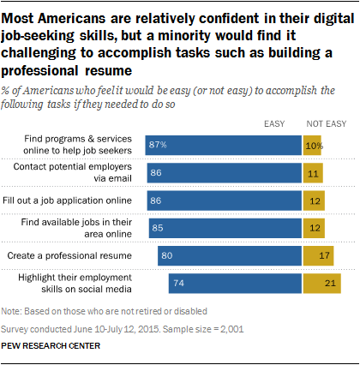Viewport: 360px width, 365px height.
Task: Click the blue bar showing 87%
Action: pyautogui.click(x=223, y=146)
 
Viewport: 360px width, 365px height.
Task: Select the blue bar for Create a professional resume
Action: pyautogui.click(x=229, y=255)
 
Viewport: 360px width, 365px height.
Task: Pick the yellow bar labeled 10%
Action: pyautogui.click(x=312, y=146)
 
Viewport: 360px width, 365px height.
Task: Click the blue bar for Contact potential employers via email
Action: pyautogui.click(x=224, y=173)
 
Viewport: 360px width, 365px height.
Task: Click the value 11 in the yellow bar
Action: pyautogui.click(x=313, y=173)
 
